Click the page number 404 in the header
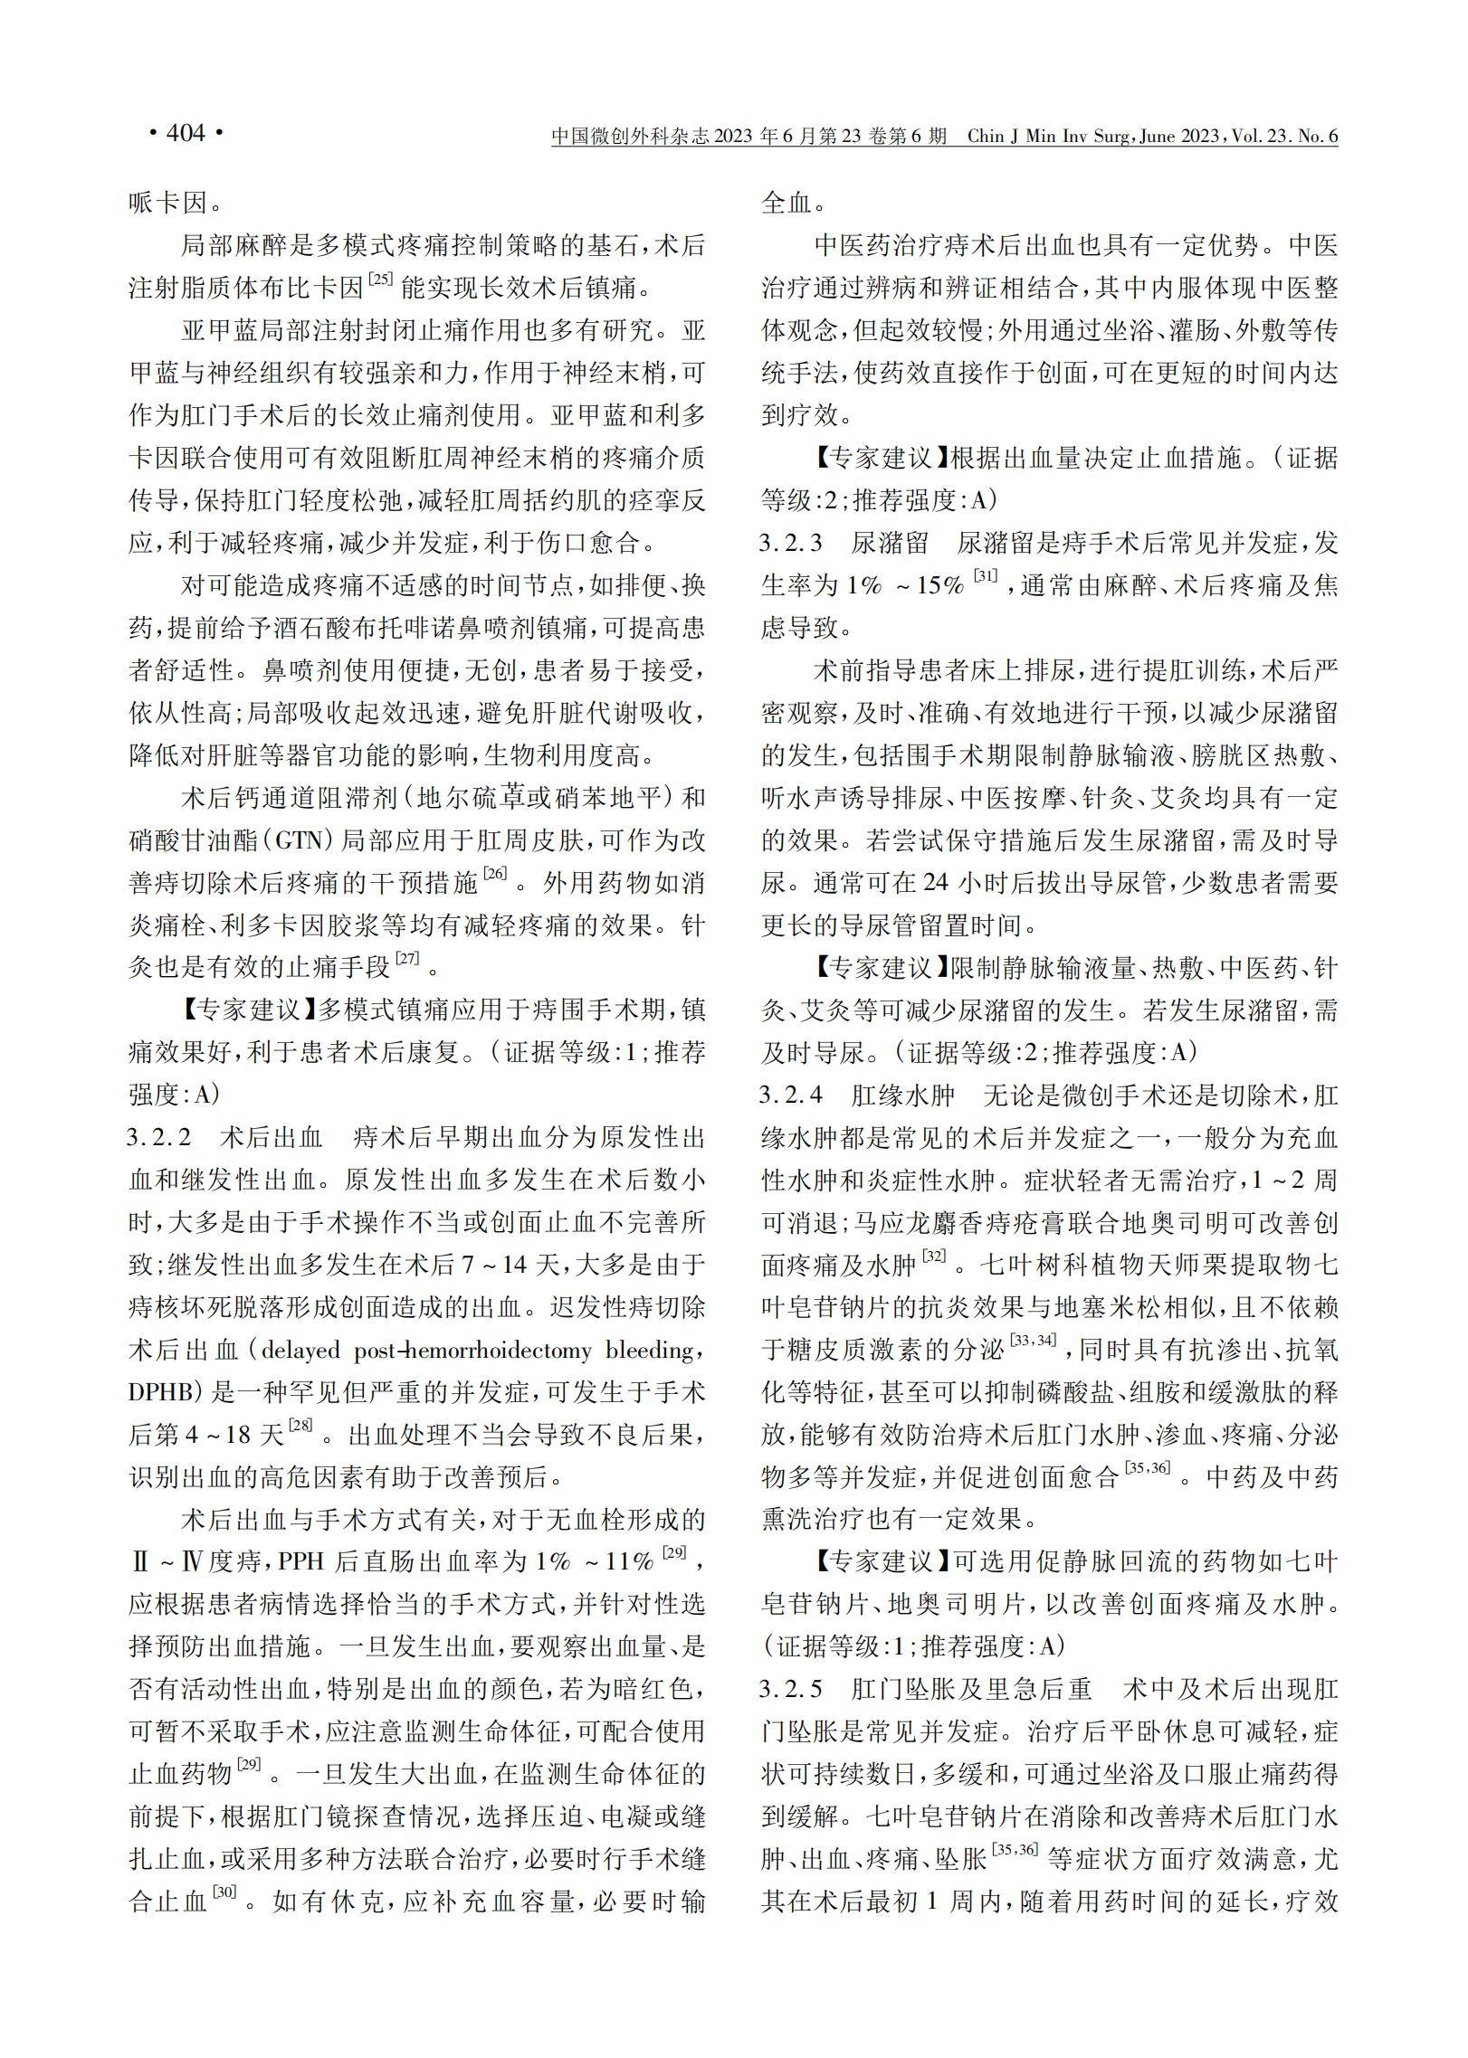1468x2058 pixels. tap(186, 134)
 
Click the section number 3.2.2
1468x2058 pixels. tap(160, 1137)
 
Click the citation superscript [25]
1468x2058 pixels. tap(379, 280)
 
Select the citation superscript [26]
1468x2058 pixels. tap(495, 874)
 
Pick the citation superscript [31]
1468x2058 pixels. tap(986, 577)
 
